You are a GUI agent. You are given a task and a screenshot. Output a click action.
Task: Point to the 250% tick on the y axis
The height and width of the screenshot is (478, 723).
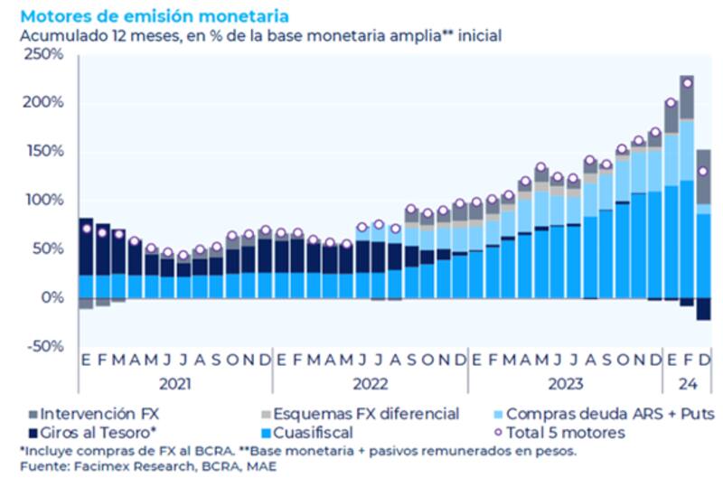coord(42,54)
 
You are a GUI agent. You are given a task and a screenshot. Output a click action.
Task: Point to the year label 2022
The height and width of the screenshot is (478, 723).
coord(371,383)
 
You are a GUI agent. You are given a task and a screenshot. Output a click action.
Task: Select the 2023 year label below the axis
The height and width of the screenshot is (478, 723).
coord(566,383)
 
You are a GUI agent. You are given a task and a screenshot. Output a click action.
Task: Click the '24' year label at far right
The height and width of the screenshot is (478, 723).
coord(687,383)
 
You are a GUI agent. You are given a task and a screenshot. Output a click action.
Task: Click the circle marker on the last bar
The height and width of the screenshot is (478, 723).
coord(702,171)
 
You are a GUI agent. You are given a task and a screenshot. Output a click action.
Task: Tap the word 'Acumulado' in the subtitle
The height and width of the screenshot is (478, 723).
coord(59,35)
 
